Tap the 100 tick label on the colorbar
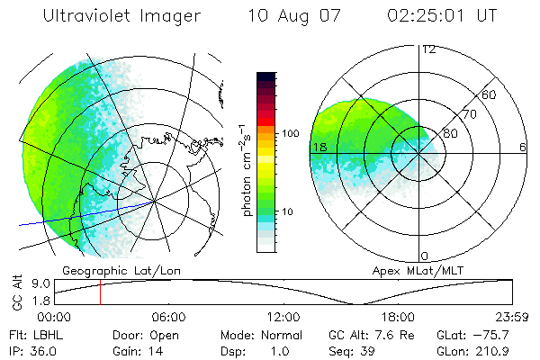pyautogui.click(x=291, y=133)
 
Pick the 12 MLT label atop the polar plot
pyautogui.click(x=428, y=49)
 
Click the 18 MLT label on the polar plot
pyautogui.click(x=319, y=147)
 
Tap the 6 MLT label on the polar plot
pyautogui.click(x=523, y=147)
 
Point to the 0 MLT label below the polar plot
pyautogui.click(x=425, y=256)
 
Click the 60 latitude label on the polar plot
pyautogui.click(x=489, y=94)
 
